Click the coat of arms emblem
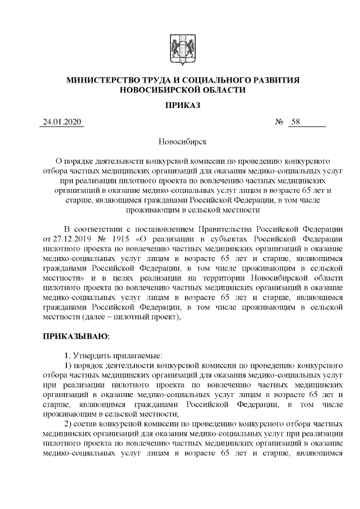179,48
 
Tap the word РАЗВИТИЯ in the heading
277,80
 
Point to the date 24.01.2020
62,122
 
